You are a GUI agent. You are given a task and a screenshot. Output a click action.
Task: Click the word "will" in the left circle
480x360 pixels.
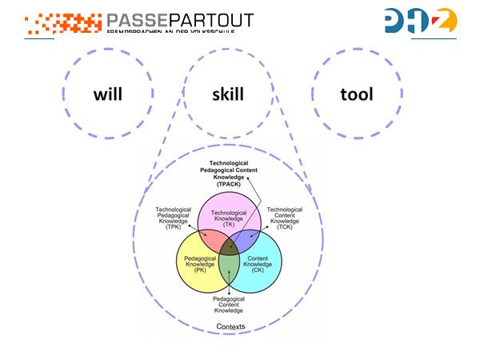click(x=108, y=94)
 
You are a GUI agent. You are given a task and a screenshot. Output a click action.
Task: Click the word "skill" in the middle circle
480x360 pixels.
click(x=228, y=94)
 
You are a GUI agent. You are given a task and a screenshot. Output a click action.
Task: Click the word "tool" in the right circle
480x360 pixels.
click(x=357, y=94)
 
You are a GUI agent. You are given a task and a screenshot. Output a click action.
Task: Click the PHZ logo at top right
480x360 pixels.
click(x=420, y=22)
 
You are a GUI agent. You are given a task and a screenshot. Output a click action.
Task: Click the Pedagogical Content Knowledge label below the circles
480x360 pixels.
click(x=229, y=304)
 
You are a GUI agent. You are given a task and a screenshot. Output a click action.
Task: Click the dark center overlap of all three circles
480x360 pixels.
click(x=228, y=243)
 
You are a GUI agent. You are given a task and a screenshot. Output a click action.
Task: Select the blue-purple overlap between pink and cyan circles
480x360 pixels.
click(x=247, y=238)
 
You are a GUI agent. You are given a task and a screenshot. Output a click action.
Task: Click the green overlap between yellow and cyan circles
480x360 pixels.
click(x=229, y=264)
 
